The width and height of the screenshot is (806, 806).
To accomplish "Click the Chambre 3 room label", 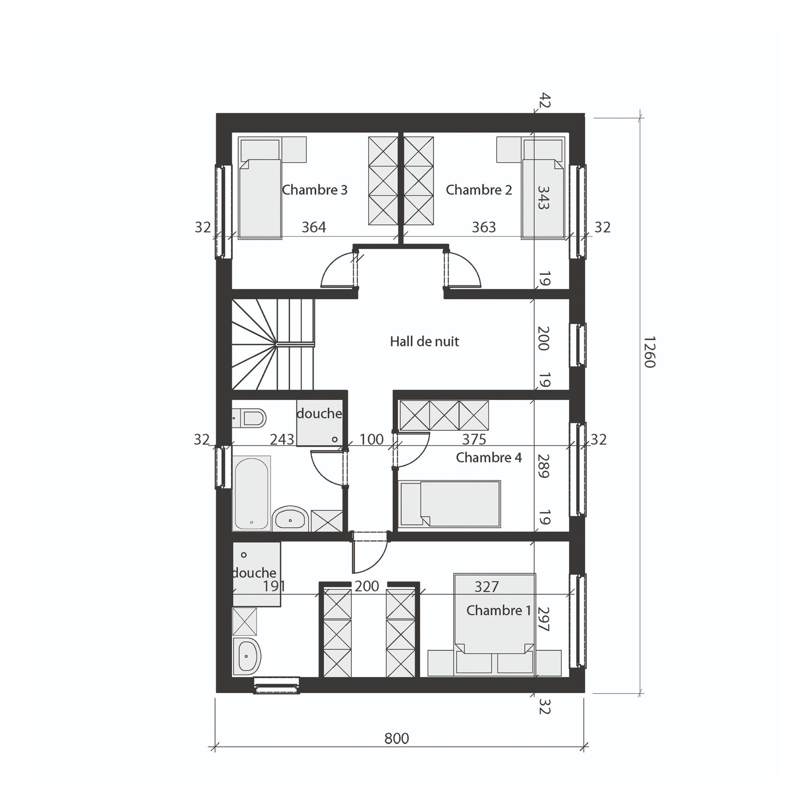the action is coord(315,190).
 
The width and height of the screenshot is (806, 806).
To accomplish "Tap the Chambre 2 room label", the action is coord(479,190).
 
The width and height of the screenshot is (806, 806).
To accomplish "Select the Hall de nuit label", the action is coord(424,341).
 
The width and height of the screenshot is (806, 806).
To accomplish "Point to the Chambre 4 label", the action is coord(489,457).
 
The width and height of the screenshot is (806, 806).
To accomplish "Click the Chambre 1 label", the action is coord(499,610).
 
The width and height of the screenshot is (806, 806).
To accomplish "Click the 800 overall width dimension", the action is coord(396,738).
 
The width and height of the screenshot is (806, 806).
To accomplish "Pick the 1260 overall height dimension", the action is coord(649,352).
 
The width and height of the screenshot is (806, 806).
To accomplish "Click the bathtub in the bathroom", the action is coord(251,493).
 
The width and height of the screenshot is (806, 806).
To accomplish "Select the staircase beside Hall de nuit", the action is coord(273,344).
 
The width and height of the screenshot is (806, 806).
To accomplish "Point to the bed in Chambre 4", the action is coord(450,504).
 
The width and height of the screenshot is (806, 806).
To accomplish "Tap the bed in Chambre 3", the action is coord(260,188).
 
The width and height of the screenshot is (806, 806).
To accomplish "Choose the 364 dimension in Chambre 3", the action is coord(314,227).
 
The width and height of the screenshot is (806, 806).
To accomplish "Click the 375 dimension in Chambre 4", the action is coord(474,439).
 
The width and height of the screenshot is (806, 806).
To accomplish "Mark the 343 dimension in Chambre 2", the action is coord(543,198).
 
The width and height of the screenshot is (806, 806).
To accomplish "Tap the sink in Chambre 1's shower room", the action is coord(247,656).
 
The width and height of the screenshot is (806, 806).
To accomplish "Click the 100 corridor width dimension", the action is coord(371,439).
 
